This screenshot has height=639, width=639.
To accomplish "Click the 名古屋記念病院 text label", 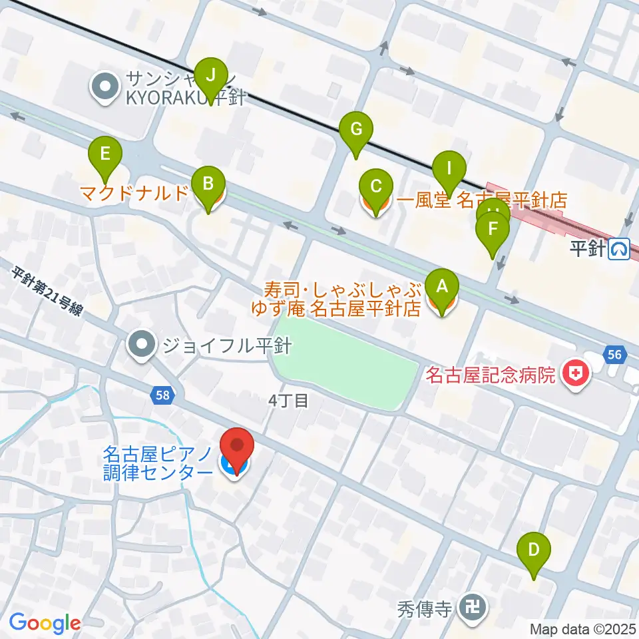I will pos(491,375).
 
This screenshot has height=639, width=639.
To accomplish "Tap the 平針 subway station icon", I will pos(620,249).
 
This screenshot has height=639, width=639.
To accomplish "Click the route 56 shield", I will pos(614,355).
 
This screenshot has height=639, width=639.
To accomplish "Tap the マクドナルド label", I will pos(134,194).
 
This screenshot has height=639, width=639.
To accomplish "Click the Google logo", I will pos(45,623).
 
